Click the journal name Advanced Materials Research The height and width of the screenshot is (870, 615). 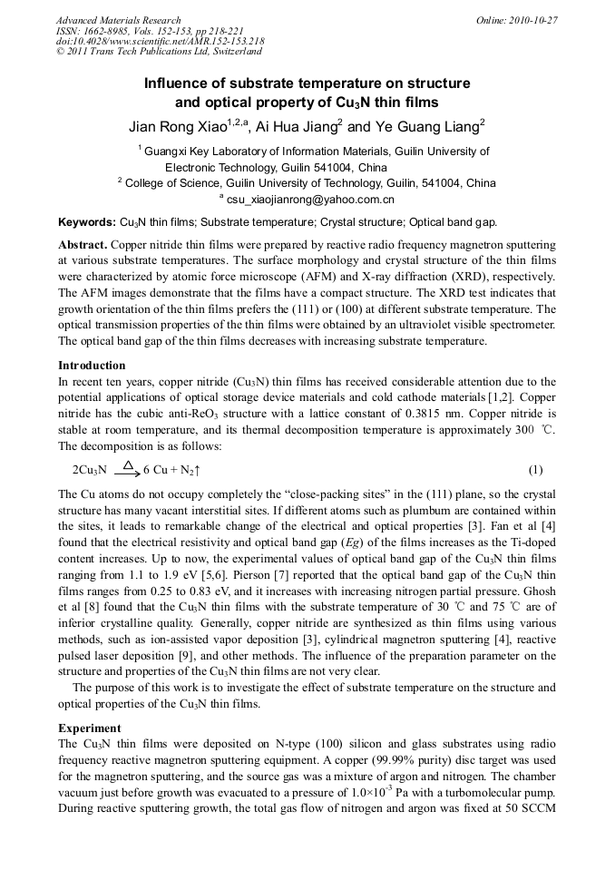tap(118, 20)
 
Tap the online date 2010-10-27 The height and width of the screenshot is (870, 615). tap(533, 20)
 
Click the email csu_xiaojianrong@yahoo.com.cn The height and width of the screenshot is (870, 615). tap(310, 199)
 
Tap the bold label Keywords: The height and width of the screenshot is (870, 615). tap(87, 222)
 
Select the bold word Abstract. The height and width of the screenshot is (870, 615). tap(83, 246)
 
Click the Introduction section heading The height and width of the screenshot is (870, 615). tap(92, 366)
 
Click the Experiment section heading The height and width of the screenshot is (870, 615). tap(90, 728)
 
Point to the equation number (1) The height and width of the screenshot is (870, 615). tap(535, 470)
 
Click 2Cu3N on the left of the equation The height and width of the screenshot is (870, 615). tap(89, 470)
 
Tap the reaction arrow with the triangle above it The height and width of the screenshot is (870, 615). tap(127, 469)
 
